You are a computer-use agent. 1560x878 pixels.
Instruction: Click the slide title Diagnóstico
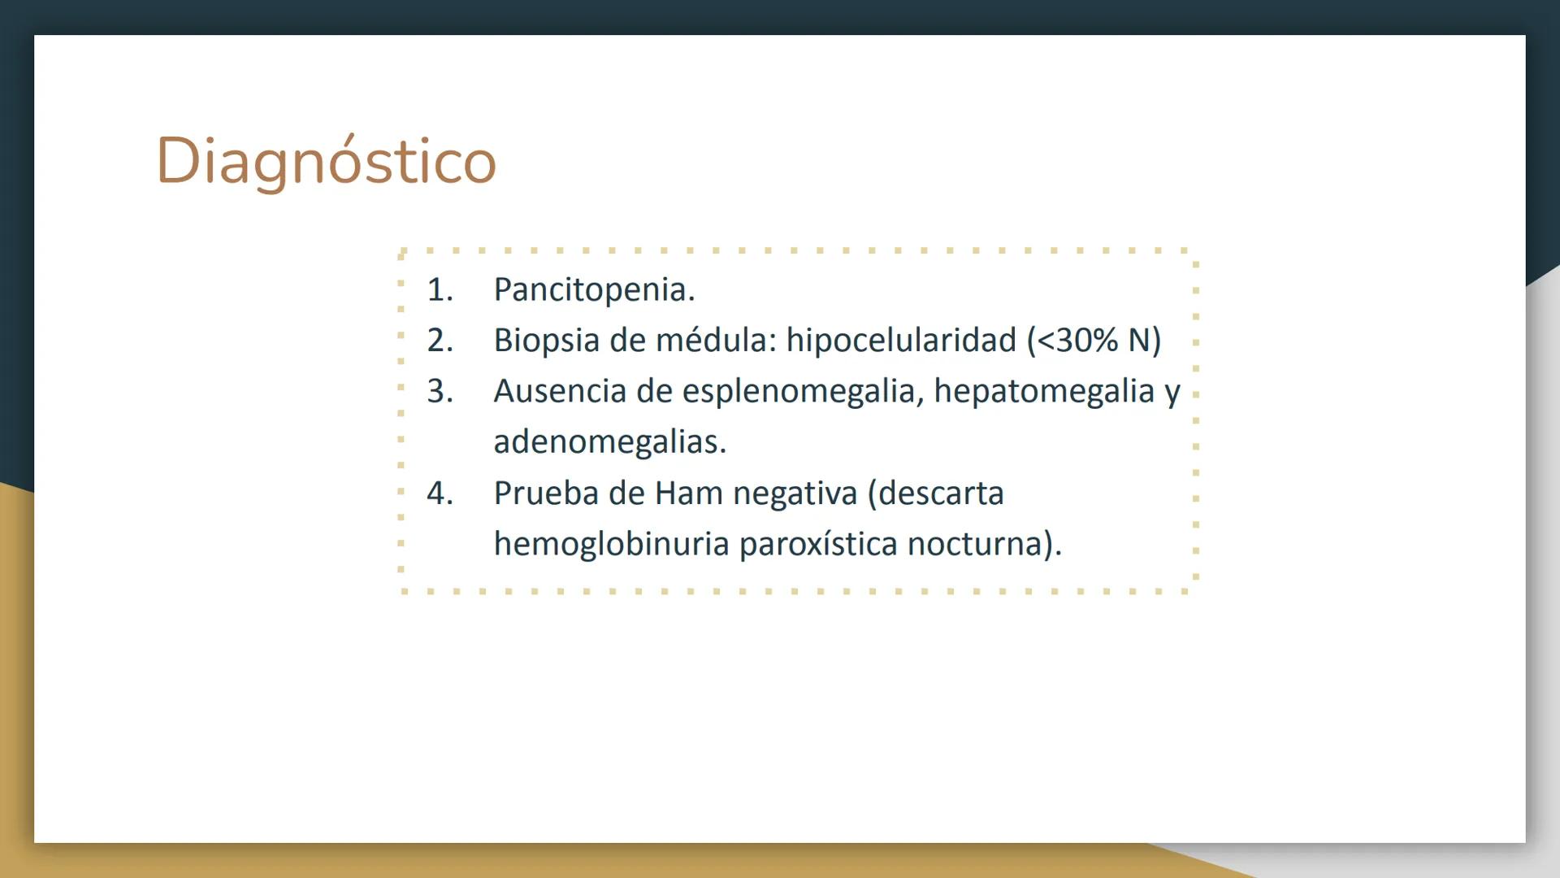326,161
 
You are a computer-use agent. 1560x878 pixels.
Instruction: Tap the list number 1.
440,289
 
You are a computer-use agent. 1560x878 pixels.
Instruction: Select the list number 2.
440,340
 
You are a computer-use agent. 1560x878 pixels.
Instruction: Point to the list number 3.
440,391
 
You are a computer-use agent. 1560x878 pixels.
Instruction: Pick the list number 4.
440,493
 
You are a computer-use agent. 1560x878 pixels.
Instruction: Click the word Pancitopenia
595,289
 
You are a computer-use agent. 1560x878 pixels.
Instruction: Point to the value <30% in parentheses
1078,341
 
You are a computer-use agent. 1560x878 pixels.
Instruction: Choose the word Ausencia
560,391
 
